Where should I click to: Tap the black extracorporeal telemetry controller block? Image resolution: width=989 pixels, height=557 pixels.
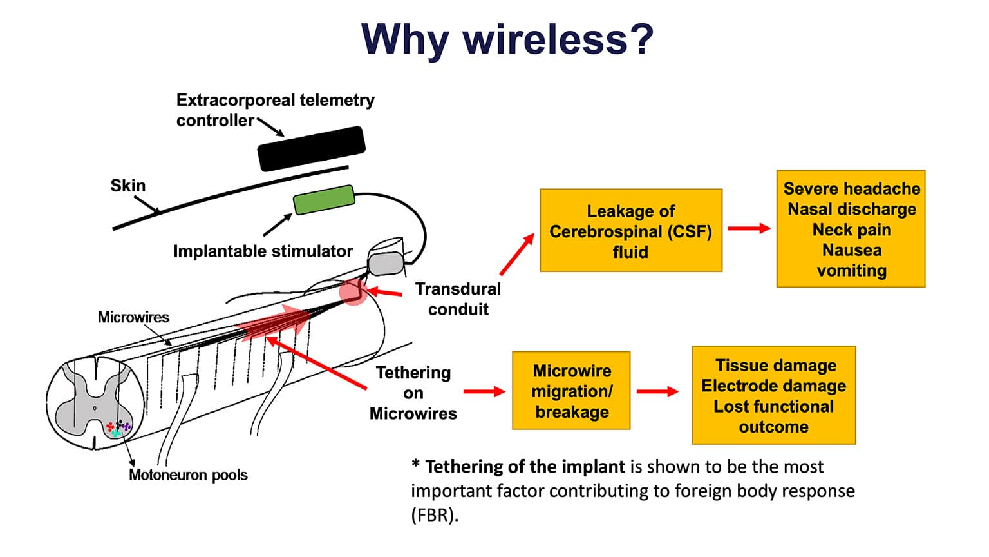pos(311,148)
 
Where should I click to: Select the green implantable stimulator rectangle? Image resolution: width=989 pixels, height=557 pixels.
pos(324,199)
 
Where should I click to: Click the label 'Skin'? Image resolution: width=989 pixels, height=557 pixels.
pos(128,186)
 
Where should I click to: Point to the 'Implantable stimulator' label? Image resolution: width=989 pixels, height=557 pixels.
pos(263,251)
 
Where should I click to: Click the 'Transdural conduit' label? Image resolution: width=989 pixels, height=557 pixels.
pos(458,299)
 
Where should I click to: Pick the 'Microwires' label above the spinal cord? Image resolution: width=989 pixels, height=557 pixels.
pos(133,317)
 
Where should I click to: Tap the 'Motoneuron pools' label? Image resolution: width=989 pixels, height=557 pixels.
pos(188,475)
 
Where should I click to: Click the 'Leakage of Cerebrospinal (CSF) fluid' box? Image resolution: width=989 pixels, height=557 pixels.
pos(630,231)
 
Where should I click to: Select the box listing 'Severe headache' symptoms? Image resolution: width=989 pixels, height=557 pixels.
pos(851,229)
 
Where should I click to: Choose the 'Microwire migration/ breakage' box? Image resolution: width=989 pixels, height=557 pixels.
pos(571,391)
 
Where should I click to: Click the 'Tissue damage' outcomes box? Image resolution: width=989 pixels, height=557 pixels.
pos(773,395)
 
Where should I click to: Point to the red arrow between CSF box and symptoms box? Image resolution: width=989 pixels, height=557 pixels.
pos(749,228)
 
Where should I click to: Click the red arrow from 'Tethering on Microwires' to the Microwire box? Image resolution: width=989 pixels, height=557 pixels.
pos(484,391)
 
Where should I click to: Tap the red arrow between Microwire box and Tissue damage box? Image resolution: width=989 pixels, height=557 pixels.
pos(657,391)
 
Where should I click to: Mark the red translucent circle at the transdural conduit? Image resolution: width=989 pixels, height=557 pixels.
pos(353,292)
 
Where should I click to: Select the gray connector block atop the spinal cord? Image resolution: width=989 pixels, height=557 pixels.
pos(386,263)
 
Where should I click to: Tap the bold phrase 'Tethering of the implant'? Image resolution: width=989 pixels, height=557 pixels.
pos(525,467)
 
